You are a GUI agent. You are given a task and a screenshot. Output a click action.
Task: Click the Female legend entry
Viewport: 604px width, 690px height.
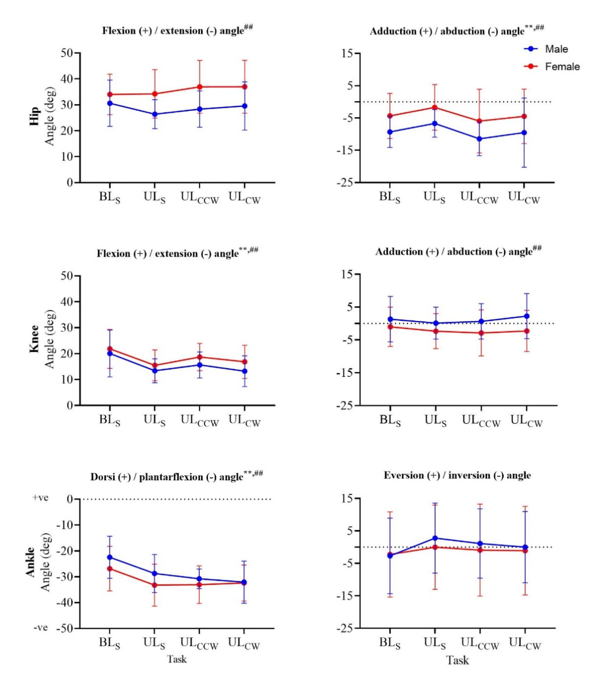pyautogui.click(x=562, y=66)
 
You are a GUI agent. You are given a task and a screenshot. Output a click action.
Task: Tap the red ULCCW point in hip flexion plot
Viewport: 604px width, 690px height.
pyautogui.click(x=199, y=87)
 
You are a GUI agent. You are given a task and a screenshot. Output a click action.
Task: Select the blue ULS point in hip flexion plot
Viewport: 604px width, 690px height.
pyautogui.click(x=155, y=115)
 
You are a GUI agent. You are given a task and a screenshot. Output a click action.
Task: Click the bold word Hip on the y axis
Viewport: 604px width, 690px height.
pyautogui.click(x=34, y=116)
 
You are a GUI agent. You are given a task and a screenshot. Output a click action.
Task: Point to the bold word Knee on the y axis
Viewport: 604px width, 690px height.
pyautogui.click(x=34, y=339)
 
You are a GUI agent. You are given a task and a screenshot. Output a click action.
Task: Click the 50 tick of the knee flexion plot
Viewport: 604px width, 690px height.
pyautogui.click(x=67, y=276)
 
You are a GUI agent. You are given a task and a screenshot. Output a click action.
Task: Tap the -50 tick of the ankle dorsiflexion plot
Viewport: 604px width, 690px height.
pyautogui.click(x=64, y=628)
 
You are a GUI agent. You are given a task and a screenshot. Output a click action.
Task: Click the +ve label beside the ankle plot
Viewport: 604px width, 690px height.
pyautogui.click(x=40, y=498)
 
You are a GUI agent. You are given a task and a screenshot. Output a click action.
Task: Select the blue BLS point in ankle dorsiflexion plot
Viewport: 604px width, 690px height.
pyautogui.click(x=110, y=557)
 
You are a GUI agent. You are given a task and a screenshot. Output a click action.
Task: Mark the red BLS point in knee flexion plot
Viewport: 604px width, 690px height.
pyautogui.click(x=110, y=349)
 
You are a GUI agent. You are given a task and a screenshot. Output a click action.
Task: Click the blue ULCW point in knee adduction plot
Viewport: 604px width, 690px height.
pyautogui.click(x=526, y=316)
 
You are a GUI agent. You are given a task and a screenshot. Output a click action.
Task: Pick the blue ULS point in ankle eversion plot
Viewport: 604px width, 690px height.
pyautogui.click(x=435, y=538)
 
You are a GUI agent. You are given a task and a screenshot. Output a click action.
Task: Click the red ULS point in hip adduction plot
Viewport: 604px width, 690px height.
pyautogui.click(x=435, y=107)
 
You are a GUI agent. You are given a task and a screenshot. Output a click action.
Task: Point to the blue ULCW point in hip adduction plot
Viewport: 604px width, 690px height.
pyautogui.click(x=524, y=132)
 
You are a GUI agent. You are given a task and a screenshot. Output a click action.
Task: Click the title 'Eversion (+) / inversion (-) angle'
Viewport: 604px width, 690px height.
pyautogui.click(x=457, y=475)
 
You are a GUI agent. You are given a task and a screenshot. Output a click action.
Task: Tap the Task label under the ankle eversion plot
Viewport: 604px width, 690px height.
pyautogui.click(x=457, y=660)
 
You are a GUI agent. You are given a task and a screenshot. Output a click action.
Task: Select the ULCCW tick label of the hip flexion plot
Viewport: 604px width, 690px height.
pyautogui.click(x=199, y=197)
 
